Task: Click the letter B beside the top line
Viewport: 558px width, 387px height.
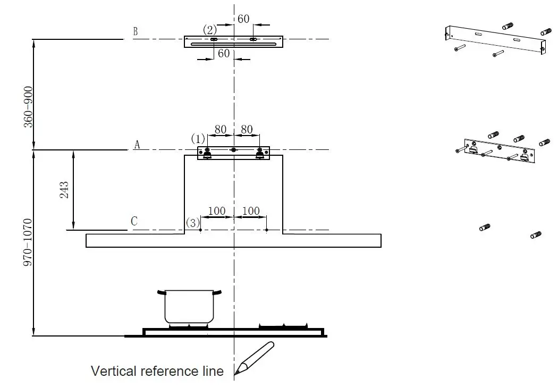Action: point(136,31)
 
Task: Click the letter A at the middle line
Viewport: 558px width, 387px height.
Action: point(137,145)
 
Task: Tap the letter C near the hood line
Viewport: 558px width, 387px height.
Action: point(134,221)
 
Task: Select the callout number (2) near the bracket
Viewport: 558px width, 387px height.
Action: point(210,29)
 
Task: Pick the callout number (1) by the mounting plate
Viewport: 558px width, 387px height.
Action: point(198,139)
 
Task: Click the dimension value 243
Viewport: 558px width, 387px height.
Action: point(64,190)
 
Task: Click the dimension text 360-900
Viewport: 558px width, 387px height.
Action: point(27,107)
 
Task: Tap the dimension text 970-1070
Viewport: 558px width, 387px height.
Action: point(27,242)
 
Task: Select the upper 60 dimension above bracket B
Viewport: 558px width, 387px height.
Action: point(243,19)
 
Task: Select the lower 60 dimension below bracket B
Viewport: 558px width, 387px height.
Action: point(224,53)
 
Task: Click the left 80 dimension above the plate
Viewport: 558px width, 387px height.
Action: point(220,129)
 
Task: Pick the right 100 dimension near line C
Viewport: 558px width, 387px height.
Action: point(251,211)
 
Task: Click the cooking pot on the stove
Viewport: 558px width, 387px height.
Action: point(189,306)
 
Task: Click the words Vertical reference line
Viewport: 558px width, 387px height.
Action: point(157,371)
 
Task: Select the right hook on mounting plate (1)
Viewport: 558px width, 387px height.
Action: point(260,153)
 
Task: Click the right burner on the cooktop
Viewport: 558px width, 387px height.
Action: point(283,325)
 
